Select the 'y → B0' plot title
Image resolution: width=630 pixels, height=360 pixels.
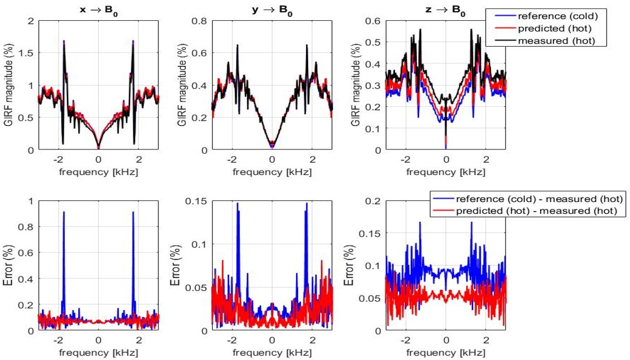point(272,10)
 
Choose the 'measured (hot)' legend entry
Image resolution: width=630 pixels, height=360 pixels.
point(545,41)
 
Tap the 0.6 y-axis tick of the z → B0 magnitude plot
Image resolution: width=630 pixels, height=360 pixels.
point(374,21)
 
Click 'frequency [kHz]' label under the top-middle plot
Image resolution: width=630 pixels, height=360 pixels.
point(272,172)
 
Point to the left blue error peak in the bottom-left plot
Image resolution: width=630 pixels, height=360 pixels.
point(64,213)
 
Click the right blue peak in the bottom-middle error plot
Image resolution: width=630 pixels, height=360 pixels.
point(306,204)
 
